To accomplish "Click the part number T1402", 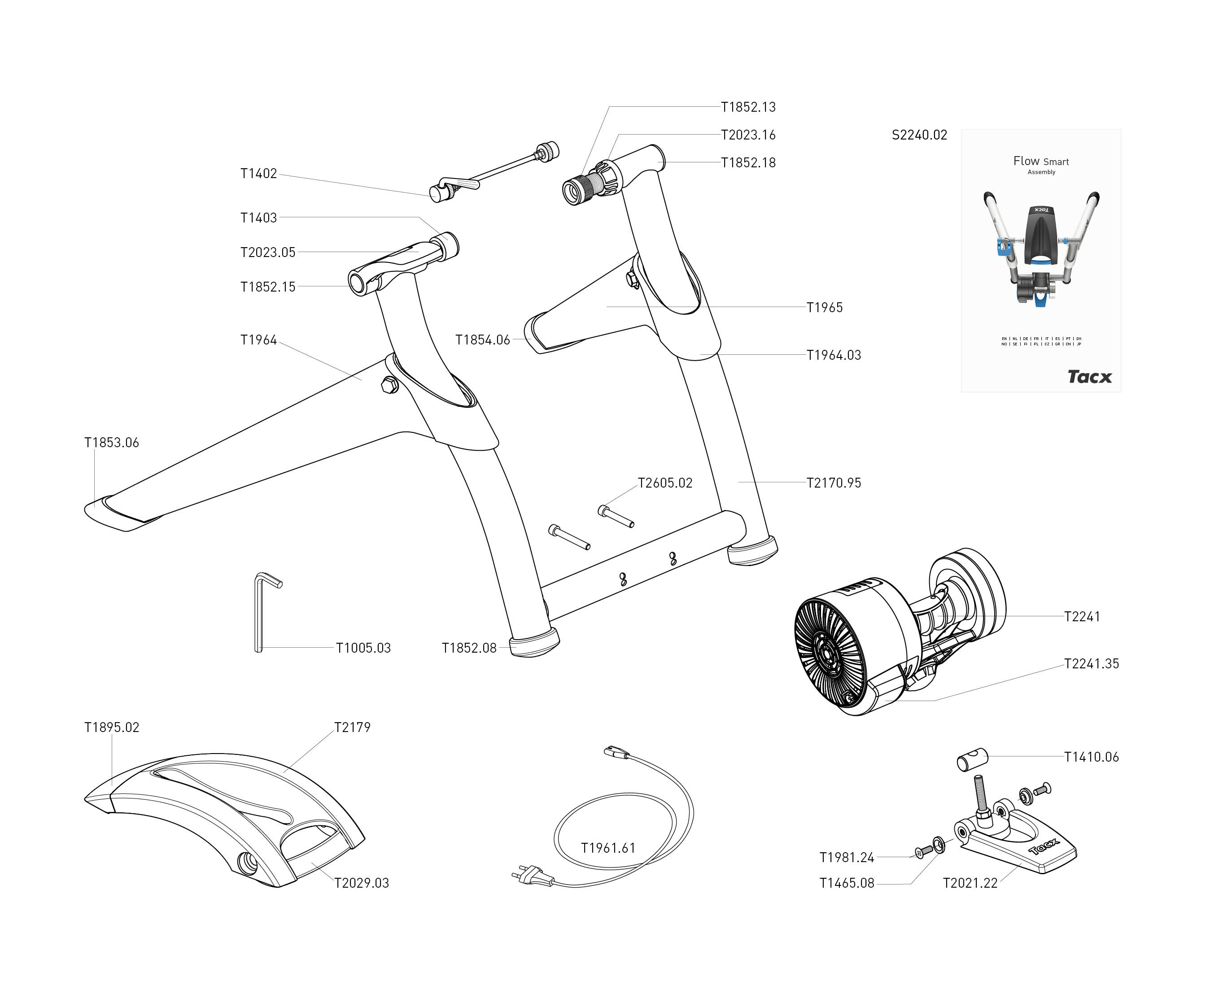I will tap(258, 174).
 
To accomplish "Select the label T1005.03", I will tap(363, 648).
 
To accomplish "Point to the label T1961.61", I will tap(608, 848).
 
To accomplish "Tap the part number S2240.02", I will tap(919, 135).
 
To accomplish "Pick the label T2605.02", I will tap(665, 483).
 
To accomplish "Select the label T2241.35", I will tap(1091, 664).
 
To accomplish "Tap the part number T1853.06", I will tap(111, 443).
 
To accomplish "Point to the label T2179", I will tap(352, 728).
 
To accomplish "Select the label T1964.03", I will tap(834, 355).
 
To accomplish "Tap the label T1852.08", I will tap(469, 648).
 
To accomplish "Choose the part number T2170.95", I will tap(834, 483).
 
